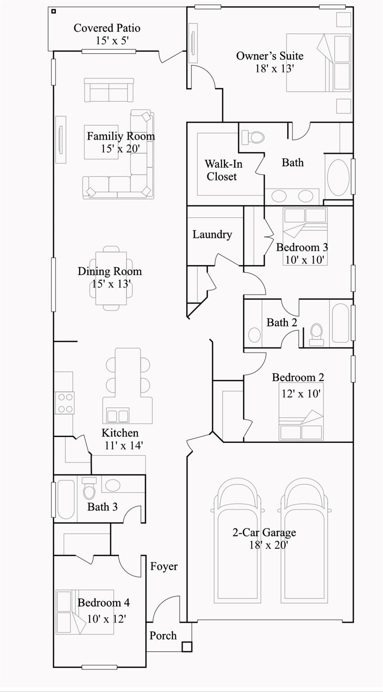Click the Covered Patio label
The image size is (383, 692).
pos(107,28)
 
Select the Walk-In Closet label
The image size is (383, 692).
pos(223,170)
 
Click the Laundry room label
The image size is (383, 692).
pos(212,234)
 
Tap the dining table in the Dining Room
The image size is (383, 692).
pos(111,278)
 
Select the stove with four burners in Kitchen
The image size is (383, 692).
pos(64,403)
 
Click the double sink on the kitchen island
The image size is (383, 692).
pos(118,415)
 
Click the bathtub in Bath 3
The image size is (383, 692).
pos(66,499)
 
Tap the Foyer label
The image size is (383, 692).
pos(164,566)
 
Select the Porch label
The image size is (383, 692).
pos(163,636)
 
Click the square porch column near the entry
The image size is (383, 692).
pos(187,647)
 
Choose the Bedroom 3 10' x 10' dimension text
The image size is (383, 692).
pos(305,260)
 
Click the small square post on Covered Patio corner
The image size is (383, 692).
pos(53,11)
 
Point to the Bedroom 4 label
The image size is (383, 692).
pos(104,603)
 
